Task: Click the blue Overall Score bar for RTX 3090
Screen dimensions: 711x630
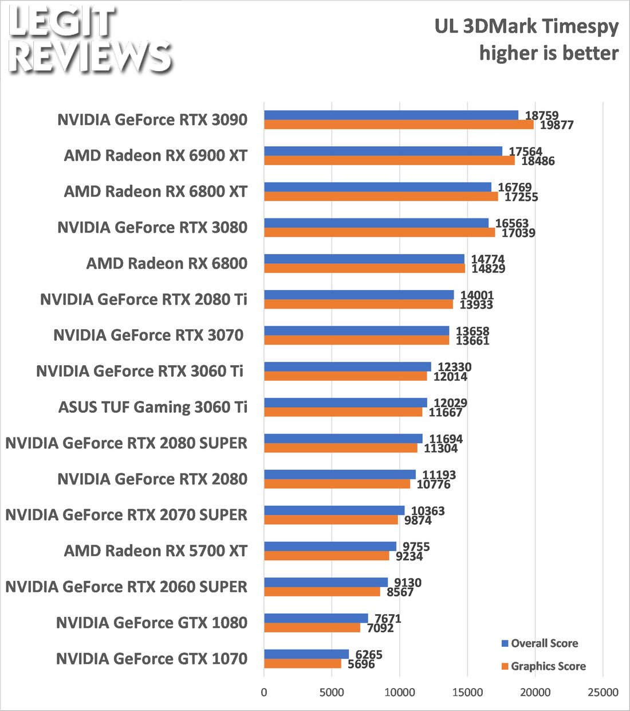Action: (x=391, y=115)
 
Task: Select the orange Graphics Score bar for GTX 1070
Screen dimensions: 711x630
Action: (x=302, y=663)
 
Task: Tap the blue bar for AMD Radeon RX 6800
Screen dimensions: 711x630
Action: (x=364, y=259)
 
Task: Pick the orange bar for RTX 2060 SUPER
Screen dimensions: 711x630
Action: (x=322, y=592)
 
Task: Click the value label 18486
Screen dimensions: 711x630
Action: (x=538, y=161)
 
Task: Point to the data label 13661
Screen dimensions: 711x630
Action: (x=472, y=341)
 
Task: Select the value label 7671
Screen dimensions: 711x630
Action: (x=388, y=619)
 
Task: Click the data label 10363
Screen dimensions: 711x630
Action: (x=428, y=511)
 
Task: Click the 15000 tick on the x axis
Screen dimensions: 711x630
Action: (x=467, y=692)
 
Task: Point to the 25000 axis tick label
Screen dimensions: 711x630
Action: (x=603, y=692)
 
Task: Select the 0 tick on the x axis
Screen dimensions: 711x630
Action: (x=264, y=692)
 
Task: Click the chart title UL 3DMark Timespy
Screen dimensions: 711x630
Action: (x=526, y=26)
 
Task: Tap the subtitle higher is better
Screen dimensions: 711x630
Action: (x=549, y=53)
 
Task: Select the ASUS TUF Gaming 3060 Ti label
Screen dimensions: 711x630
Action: (x=153, y=407)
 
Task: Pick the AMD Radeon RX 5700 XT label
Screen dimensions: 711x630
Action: (x=156, y=551)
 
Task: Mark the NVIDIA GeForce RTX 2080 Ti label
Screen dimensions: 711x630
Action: (x=144, y=299)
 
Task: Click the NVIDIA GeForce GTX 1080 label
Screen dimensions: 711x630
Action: (x=152, y=623)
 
